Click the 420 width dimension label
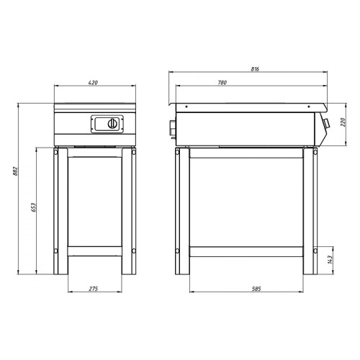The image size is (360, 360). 93,83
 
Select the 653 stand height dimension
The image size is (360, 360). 33,207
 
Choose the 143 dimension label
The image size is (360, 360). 330,260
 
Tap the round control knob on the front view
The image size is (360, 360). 112,124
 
